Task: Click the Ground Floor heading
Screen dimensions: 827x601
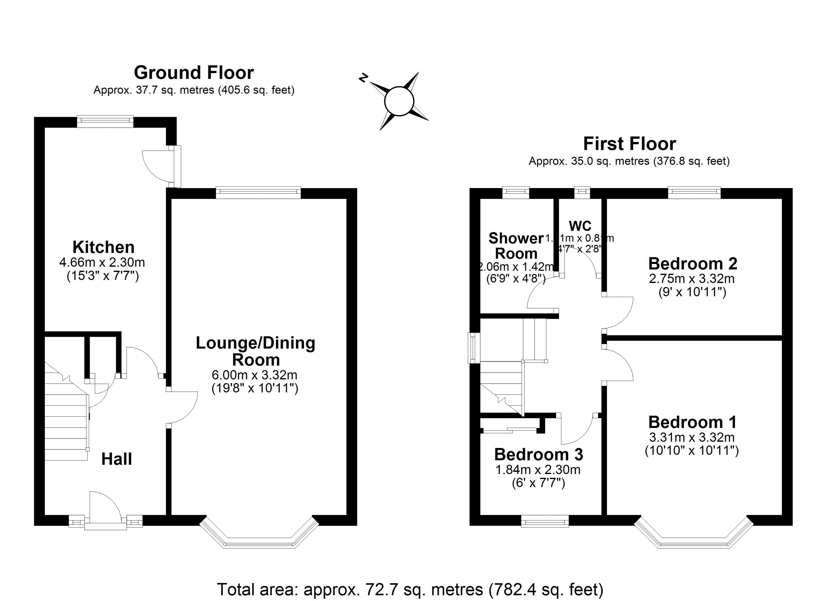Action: tap(194, 73)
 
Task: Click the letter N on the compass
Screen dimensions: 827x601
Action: tap(363, 78)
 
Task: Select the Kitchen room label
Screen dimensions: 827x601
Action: tap(104, 247)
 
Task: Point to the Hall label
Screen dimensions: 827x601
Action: tap(116, 459)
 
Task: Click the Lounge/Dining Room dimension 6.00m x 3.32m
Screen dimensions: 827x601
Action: tap(255, 375)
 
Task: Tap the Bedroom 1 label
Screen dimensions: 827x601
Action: tap(692, 422)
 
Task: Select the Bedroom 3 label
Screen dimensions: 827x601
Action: tap(539, 455)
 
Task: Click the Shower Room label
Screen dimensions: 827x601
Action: tap(516, 246)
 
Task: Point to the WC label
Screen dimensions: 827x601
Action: tap(580, 226)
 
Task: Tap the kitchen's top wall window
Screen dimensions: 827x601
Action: tap(105, 121)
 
